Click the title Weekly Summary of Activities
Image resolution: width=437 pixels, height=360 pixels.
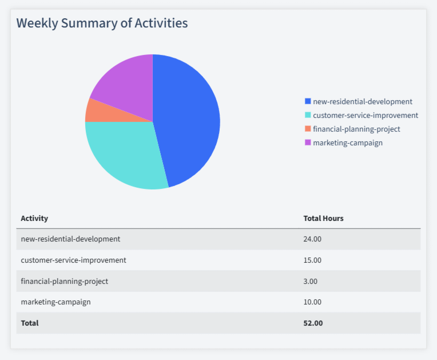click(x=102, y=23)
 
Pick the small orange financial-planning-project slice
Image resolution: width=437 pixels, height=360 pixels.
click(x=95, y=111)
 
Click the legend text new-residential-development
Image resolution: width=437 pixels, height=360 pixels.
click(x=362, y=101)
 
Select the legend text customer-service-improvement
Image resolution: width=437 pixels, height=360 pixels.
click(x=365, y=115)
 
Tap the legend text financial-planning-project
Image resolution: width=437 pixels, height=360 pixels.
click(x=356, y=129)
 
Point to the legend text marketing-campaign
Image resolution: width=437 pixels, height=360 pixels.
click(x=348, y=143)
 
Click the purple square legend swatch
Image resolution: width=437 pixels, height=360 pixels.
click(x=308, y=143)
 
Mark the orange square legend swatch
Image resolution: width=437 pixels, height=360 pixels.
click(x=308, y=129)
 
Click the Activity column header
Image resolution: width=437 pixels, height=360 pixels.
click(x=34, y=218)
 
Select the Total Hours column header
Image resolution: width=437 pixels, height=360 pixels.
click(x=323, y=218)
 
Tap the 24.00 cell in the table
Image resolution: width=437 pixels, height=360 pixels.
click(x=312, y=239)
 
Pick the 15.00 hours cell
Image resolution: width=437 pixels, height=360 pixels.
click(x=312, y=260)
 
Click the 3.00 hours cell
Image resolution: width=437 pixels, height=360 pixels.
click(x=310, y=281)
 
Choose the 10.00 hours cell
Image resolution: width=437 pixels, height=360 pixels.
click(x=312, y=302)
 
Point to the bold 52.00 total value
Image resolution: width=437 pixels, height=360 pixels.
click(x=313, y=323)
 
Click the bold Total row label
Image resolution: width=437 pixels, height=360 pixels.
click(x=30, y=323)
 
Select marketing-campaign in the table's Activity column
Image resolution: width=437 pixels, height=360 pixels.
click(x=55, y=302)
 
